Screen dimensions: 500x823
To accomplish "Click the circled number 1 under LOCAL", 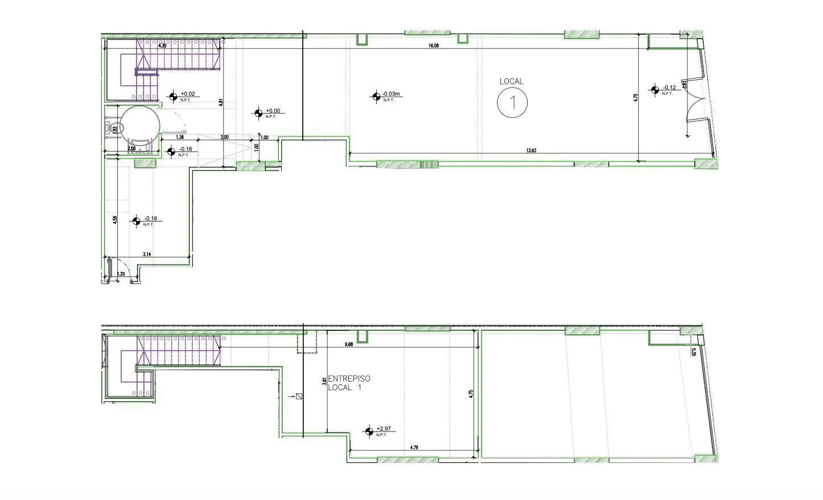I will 512,103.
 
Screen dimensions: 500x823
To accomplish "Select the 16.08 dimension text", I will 434,46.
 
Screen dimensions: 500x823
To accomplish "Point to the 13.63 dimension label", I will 531,151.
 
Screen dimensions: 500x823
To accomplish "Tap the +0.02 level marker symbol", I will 173,96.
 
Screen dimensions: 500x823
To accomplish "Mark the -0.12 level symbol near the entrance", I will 655,89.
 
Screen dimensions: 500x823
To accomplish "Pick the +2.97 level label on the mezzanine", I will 384,429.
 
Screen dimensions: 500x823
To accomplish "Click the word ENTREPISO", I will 349,379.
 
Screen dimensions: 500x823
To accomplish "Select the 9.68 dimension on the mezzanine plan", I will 349,344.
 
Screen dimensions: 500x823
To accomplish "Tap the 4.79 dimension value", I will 414,448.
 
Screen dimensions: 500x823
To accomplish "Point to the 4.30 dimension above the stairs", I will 162,46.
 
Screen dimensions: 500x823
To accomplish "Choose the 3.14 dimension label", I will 147,255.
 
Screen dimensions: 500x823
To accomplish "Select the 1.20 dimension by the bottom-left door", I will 121,274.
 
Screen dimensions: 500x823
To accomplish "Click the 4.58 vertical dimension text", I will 115,219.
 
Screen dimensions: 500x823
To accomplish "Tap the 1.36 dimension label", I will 180,137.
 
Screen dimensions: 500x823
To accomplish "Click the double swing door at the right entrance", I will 696,99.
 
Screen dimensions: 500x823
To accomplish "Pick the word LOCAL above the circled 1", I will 511,81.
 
